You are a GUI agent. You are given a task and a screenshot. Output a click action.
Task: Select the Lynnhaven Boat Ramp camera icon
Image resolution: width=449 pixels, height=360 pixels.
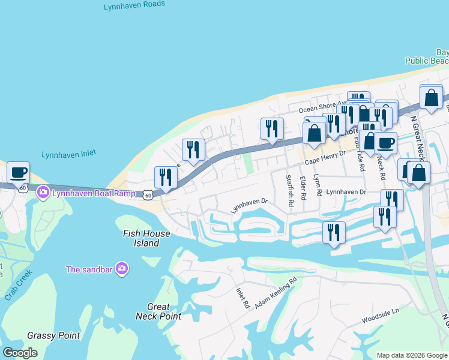click(43, 193)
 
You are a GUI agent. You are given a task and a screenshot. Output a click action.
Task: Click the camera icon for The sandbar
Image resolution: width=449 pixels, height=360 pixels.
click(122, 269)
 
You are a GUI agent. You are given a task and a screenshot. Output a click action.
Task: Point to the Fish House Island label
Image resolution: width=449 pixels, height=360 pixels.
click(146, 238)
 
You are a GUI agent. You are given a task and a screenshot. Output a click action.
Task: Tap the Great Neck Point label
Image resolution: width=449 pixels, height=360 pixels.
click(158, 311)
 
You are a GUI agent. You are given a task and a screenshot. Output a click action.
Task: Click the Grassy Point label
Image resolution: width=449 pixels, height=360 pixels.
click(53, 335)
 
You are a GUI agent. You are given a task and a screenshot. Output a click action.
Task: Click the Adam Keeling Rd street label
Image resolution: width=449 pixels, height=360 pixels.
click(276, 293)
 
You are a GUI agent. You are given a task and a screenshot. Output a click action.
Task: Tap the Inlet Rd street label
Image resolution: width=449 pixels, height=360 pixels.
click(243, 297)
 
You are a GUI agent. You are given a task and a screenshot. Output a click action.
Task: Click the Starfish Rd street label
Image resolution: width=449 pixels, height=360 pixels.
click(289, 191)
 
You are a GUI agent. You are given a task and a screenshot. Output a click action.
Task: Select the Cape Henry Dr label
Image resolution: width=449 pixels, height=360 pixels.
click(325, 158)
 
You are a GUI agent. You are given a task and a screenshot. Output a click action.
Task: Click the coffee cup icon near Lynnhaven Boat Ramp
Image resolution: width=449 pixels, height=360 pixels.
click(19, 173)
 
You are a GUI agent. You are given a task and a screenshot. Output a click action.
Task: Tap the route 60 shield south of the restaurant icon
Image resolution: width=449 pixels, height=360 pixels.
click(148, 195)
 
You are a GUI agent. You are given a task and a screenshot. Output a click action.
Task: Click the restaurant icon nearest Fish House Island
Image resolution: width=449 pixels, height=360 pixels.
click(165, 177)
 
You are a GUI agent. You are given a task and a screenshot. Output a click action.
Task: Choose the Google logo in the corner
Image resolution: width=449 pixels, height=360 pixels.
click(20, 353)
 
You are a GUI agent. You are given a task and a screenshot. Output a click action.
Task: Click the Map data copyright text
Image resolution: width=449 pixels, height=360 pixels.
click(411, 355)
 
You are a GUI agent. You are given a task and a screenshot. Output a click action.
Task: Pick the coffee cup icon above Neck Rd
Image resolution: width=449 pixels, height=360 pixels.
click(385, 143)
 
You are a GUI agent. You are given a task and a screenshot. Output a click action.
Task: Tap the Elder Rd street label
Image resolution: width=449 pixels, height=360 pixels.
click(303, 188)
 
